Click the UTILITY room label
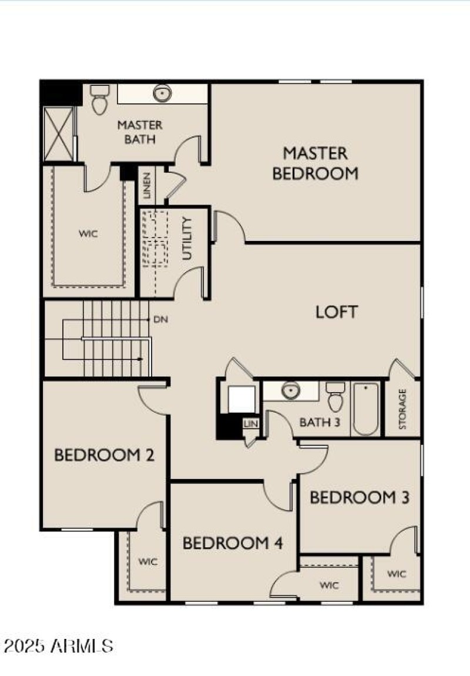[x=187, y=238]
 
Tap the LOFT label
[x=337, y=312]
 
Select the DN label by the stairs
[x=160, y=320]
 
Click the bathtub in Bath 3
[x=366, y=408]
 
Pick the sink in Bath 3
[x=290, y=390]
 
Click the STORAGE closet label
[x=403, y=409]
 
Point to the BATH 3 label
[x=320, y=422]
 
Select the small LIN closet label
[x=251, y=423]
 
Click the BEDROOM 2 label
[x=104, y=454]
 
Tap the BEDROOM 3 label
[x=359, y=497]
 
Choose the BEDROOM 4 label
[x=233, y=543]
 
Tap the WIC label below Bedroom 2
[x=148, y=561]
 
